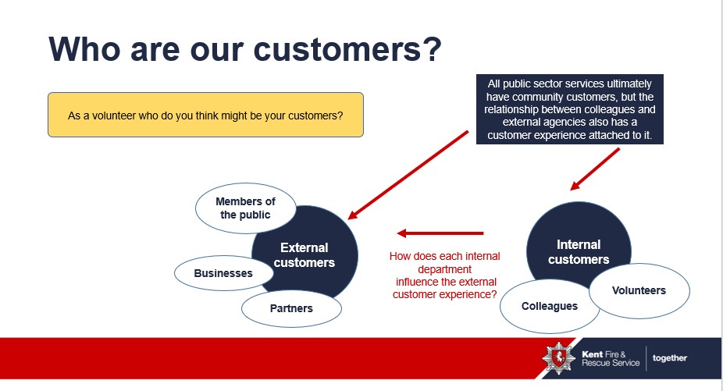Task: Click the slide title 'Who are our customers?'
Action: [x=245, y=48]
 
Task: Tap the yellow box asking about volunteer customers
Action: [x=205, y=115]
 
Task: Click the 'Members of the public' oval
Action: [x=245, y=208]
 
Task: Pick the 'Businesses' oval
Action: [x=223, y=273]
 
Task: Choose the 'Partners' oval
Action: [x=291, y=308]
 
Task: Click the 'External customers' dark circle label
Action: [x=305, y=255]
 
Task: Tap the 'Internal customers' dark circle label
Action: [x=578, y=251]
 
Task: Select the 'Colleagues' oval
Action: [x=550, y=306]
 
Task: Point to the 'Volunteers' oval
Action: [x=639, y=290]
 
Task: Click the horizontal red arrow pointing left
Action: [x=440, y=233]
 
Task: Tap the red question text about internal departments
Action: [x=445, y=275]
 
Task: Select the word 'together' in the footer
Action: [x=670, y=358]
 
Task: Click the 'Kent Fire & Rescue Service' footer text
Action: [x=610, y=358]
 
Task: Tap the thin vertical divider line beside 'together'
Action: [x=646, y=358]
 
